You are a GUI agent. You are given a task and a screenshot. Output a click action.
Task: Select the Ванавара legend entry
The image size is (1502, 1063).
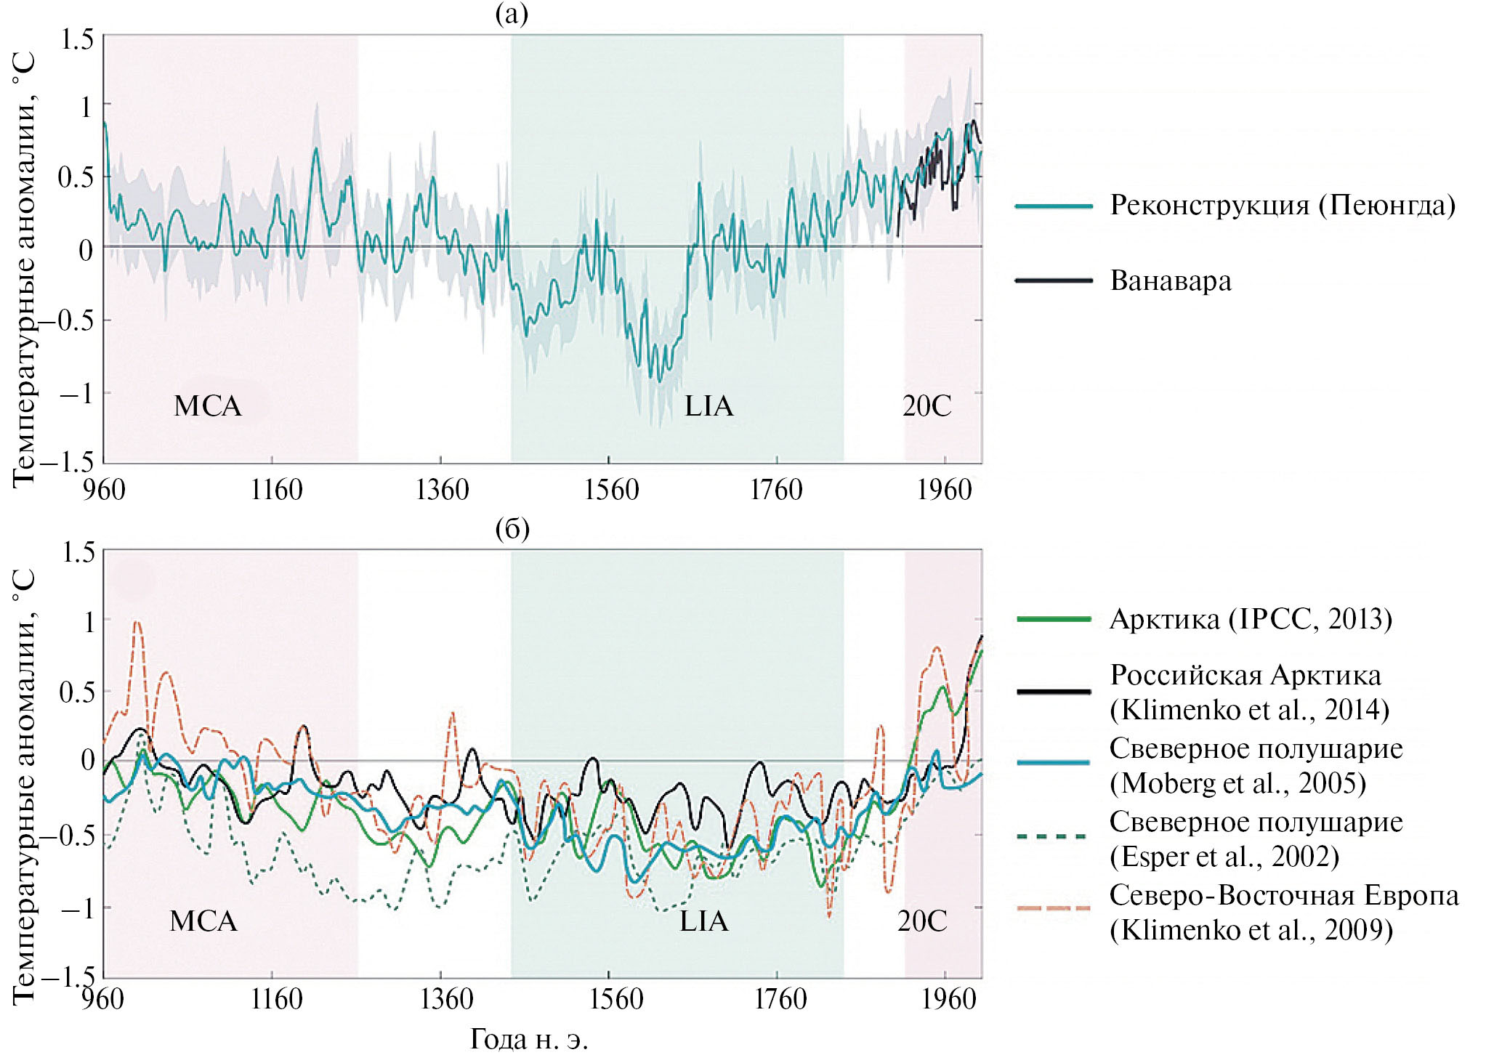coord(1171,280)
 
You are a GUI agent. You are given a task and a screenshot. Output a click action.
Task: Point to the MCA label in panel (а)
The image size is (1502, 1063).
coord(208,406)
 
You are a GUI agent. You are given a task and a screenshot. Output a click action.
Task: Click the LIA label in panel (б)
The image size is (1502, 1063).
coord(703,921)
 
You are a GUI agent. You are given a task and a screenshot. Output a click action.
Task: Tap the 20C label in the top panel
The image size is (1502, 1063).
coord(926,406)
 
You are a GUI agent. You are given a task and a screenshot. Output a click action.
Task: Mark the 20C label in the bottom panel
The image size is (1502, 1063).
coord(922,921)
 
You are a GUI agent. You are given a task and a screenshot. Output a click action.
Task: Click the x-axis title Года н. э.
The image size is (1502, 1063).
coord(529,1039)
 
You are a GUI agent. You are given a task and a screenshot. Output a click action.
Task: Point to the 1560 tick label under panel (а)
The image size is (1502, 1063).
coord(611,490)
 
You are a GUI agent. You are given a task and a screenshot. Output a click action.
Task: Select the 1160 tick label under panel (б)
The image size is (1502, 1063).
coord(276,999)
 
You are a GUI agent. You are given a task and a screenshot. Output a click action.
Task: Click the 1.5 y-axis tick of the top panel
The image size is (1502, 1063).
coord(77,39)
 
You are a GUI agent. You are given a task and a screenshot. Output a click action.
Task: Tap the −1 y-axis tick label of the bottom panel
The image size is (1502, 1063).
coord(76,907)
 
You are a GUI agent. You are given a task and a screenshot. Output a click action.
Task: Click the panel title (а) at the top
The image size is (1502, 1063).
coord(512,14)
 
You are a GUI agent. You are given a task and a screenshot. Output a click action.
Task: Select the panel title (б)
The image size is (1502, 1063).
coord(512,528)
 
